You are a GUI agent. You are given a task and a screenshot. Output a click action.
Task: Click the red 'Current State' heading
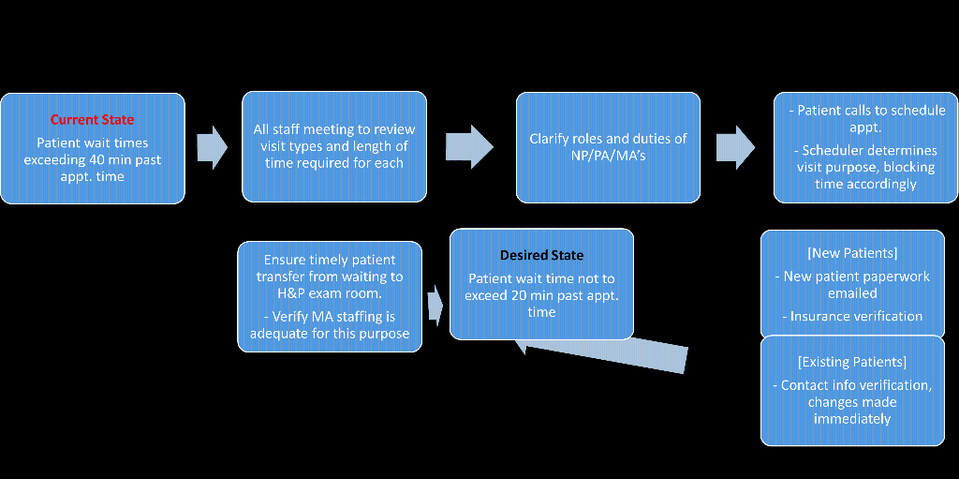92,120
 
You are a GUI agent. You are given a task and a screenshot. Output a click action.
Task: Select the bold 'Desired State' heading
541,255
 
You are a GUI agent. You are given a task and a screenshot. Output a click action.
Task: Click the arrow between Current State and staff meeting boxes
213,147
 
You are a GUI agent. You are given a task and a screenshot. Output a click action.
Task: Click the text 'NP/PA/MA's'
608,156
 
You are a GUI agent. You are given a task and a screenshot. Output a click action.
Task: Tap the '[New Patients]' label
852,253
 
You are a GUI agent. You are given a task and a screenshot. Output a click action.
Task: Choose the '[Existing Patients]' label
852,361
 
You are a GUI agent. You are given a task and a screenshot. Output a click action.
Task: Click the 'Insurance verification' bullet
852,317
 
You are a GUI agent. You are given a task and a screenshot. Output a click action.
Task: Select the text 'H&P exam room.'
330,292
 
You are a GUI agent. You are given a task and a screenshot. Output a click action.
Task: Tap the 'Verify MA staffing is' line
330,317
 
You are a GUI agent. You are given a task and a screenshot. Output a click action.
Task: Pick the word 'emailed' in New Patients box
852,293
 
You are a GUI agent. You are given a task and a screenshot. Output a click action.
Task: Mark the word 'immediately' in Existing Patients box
852,419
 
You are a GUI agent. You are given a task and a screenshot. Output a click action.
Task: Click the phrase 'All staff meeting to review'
334,129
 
